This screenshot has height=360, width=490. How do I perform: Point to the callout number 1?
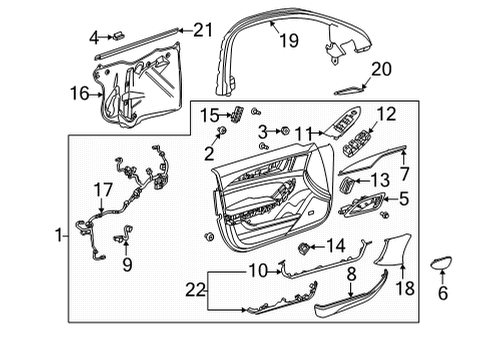pyautogui.click(x=60, y=236)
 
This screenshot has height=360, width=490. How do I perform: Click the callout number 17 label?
pyautogui.click(x=103, y=188)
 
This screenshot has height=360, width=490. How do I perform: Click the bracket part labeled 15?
pyautogui.click(x=238, y=114)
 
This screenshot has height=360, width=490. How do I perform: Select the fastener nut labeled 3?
pyautogui.click(x=284, y=131)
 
